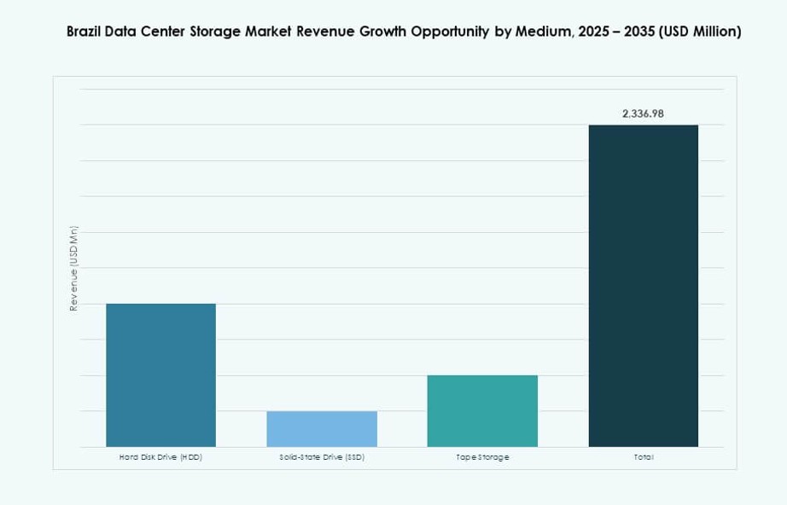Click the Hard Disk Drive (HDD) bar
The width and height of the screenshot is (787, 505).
[160, 375]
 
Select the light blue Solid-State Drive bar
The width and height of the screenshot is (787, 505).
[322, 429]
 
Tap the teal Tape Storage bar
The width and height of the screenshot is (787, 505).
[482, 411]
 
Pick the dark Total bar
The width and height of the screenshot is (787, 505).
[643, 286]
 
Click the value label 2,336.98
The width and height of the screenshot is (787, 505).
[643, 113]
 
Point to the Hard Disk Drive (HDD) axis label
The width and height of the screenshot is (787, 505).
[160, 458]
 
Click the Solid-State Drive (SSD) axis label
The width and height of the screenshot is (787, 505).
[322, 458]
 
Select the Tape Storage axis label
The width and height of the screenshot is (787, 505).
[482, 458]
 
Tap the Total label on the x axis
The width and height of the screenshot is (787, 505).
[643, 458]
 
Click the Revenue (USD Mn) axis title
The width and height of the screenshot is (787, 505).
[74, 268]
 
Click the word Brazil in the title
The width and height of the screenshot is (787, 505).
[85, 32]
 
